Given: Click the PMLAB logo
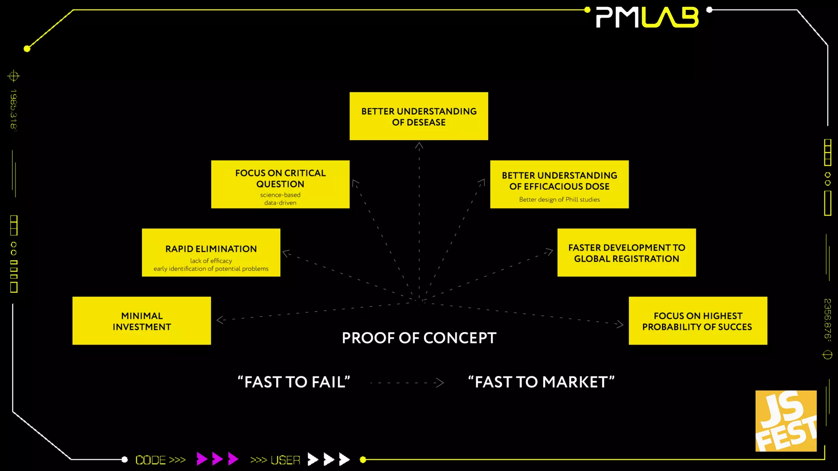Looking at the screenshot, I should pyautogui.click(x=647, y=18).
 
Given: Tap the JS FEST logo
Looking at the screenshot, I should pyautogui.click(x=786, y=421).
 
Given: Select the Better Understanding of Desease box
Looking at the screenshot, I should pyautogui.click(x=419, y=116).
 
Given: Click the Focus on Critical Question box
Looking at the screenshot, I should pyautogui.click(x=280, y=184).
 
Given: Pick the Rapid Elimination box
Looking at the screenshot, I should pyautogui.click(x=211, y=253).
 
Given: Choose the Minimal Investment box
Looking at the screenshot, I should pyautogui.click(x=142, y=321).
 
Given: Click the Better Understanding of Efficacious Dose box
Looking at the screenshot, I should pyautogui.click(x=559, y=184).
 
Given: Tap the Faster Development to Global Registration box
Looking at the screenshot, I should pyautogui.click(x=626, y=253).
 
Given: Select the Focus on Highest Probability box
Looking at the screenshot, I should pyautogui.click(x=698, y=321).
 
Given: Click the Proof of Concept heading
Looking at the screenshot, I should pyautogui.click(x=419, y=338).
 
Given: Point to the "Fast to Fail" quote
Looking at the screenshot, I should pyautogui.click(x=294, y=382).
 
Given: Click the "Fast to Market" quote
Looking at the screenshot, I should pyautogui.click(x=541, y=382).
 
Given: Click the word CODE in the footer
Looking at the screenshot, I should pyautogui.click(x=151, y=460).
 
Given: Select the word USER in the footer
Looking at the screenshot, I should pyautogui.click(x=285, y=460).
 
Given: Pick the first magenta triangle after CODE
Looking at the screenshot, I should pyautogui.click(x=201, y=459).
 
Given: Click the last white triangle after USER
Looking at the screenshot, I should pyautogui.click(x=345, y=459).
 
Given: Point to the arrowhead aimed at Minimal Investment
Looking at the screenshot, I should pyautogui.click(x=220, y=320).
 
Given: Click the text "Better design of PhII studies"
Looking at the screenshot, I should pyautogui.click(x=559, y=200).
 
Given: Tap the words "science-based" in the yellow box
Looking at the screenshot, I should pyautogui.click(x=280, y=195).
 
